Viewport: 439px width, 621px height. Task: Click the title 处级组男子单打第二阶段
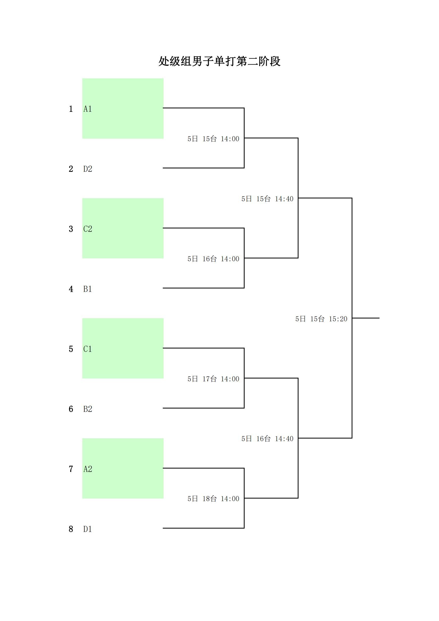click(x=219, y=61)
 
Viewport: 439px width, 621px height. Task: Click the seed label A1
click(x=88, y=109)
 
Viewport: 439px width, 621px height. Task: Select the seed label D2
click(x=88, y=169)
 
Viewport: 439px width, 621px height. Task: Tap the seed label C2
click(x=88, y=229)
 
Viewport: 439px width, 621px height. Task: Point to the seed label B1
click(x=88, y=289)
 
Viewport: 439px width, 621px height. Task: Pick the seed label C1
click(x=88, y=349)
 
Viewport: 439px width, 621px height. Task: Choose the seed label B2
click(x=88, y=409)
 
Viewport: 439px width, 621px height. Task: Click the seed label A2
click(x=88, y=469)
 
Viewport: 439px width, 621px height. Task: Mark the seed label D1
click(x=88, y=529)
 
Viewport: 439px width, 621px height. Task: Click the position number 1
click(x=71, y=109)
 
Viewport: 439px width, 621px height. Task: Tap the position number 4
click(x=71, y=289)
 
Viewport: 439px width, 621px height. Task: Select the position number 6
click(x=71, y=409)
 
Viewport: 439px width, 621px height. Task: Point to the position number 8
click(x=71, y=529)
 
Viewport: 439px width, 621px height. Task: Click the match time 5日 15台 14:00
click(x=214, y=139)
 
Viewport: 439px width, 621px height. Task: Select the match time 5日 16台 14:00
click(x=214, y=259)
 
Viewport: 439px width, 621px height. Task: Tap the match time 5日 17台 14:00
click(x=214, y=379)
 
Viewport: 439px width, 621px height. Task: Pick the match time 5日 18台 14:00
click(x=214, y=499)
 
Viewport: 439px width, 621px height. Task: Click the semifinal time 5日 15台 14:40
click(x=267, y=199)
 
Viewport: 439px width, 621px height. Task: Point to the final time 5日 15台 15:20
click(x=321, y=319)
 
